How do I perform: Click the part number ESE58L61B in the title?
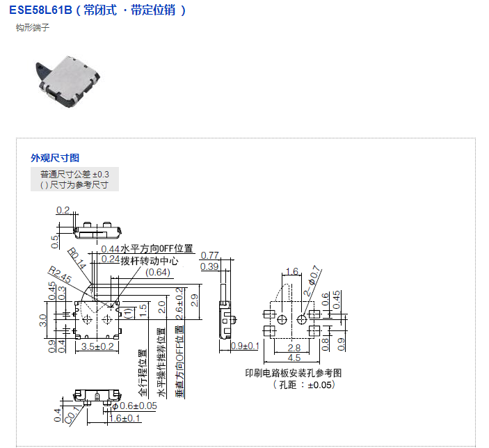click(41, 11)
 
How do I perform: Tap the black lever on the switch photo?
click(43, 67)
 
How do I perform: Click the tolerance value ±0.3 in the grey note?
click(101, 173)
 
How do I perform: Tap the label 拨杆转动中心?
click(150, 261)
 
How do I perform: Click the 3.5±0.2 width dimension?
click(96, 346)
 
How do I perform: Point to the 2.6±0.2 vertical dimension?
click(179, 305)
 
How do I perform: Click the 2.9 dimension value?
click(194, 301)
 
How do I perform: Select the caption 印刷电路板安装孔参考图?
click(294, 373)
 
